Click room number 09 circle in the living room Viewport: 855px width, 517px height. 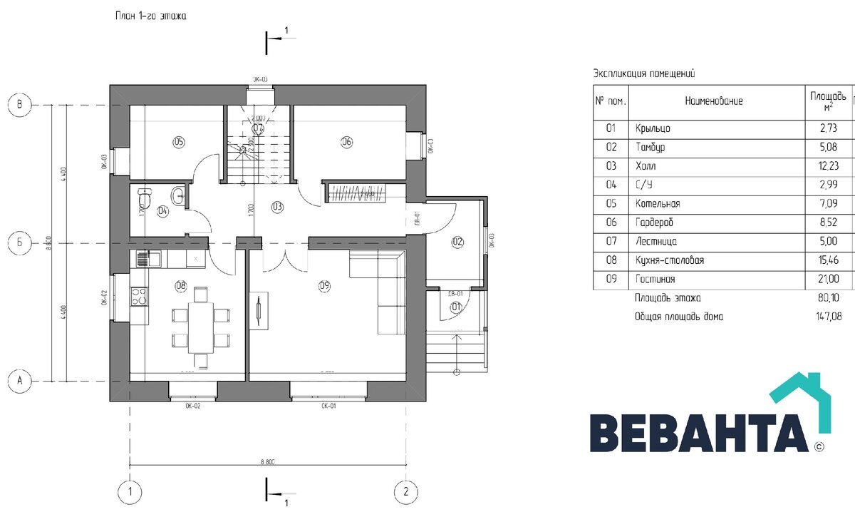tap(325, 287)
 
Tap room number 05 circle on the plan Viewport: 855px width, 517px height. tap(178, 142)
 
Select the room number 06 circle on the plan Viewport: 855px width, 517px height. tap(347, 142)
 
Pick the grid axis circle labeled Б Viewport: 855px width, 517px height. tap(20, 244)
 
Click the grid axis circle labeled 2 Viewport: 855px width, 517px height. tap(405, 491)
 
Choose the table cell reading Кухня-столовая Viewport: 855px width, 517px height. tap(669, 260)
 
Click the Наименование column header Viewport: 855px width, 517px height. tap(714, 101)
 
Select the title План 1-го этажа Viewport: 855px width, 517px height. tap(150, 16)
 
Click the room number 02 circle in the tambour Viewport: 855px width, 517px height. tap(457, 242)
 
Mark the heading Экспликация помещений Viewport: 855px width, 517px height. tap(643, 73)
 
